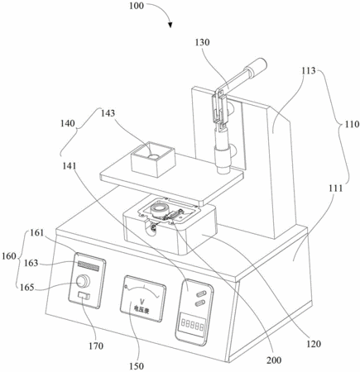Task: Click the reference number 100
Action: [x=137, y=6]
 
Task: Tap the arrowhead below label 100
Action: [x=170, y=25]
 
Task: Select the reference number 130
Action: [x=203, y=42]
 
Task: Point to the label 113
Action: [x=309, y=70]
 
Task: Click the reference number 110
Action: [x=352, y=124]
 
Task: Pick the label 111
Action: [x=336, y=188]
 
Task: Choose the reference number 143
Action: [x=108, y=113]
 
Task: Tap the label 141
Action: [x=69, y=165]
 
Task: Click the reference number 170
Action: [x=96, y=346]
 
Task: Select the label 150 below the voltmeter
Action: [x=137, y=366]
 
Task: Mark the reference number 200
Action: [x=274, y=360]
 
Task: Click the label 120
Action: [x=314, y=344]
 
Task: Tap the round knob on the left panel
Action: [x=83, y=281]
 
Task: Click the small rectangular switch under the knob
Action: [x=84, y=296]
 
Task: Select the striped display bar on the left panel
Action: [x=89, y=266]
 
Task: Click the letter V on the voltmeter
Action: [x=142, y=301]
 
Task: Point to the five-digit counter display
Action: [x=192, y=327]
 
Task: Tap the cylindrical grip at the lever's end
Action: [x=257, y=66]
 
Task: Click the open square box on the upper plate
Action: [x=153, y=160]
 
